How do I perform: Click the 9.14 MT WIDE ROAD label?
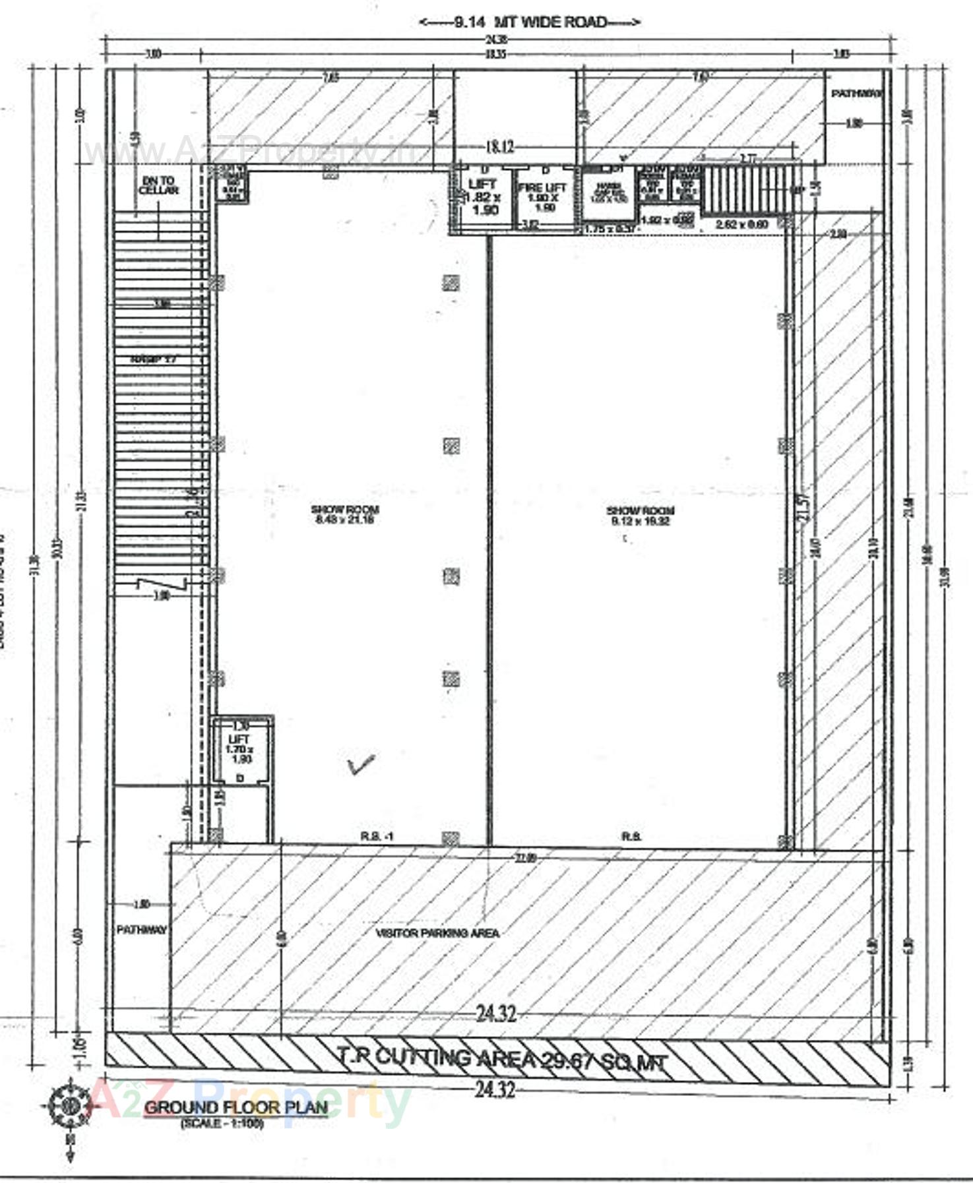pyautogui.click(x=530, y=22)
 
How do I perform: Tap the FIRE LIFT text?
pyautogui.click(x=542, y=188)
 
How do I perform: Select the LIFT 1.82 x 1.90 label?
pyautogui.click(x=482, y=197)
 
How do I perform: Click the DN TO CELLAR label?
pyautogui.click(x=158, y=185)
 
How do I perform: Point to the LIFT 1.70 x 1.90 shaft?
pyautogui.click(x=239, y=750)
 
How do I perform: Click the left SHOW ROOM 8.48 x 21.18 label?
pyautogui.click(x=344, y=514)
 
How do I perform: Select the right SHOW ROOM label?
pyautogui.click(x=640, y=515)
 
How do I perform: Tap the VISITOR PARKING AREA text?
pyautogui.click(x=437, y=933)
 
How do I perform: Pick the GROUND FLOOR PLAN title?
pyautogui.click(x=235, y=1107)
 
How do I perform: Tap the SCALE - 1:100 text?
pyautogui.click(x=222, y=1123)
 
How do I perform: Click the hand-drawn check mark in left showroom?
pyautogui.click(x=361, y=765)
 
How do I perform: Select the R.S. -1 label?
pyautogui.click(x=377, y=837)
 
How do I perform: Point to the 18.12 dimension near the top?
pyautogui.click(x=499, y=146)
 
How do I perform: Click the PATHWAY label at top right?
pyautogui.click(x=856, y=94)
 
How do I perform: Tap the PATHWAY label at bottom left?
pyautogui.click(x=141, y=930)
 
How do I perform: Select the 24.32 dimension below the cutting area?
pyautogui.click(x=495, y=1090)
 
